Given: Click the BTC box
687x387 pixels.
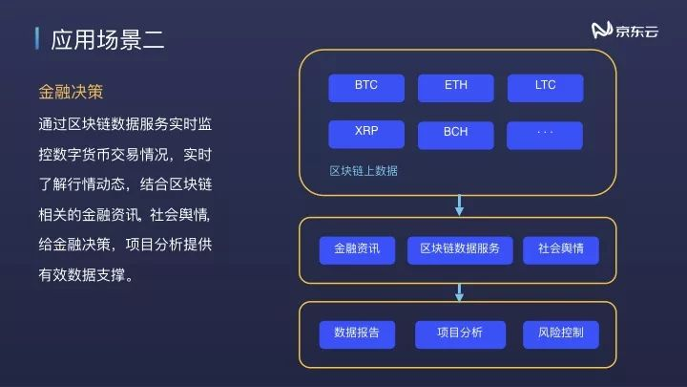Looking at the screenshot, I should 366,86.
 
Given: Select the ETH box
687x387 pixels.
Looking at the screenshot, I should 456,86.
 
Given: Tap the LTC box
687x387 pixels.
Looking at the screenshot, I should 545,86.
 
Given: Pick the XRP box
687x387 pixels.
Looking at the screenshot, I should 366,133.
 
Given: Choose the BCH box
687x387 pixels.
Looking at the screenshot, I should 456,133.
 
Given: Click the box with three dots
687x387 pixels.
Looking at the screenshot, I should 545,133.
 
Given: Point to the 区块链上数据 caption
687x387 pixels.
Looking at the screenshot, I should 364,171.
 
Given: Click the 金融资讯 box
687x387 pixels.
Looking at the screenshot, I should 357,249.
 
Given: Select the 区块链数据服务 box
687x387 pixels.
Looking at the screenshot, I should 460,249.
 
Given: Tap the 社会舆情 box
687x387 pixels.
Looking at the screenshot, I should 561,249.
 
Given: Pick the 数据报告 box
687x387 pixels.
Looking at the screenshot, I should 357,333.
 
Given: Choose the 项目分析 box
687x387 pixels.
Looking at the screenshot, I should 460,333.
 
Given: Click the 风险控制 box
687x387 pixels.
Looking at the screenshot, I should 561,333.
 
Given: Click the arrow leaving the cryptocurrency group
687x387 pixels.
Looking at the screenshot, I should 459,204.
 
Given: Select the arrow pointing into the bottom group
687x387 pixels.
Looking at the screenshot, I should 459,291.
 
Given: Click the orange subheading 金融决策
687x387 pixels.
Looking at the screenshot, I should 70,92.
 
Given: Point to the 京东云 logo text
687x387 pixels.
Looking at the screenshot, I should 637,32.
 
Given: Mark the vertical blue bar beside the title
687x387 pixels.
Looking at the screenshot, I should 36,39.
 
